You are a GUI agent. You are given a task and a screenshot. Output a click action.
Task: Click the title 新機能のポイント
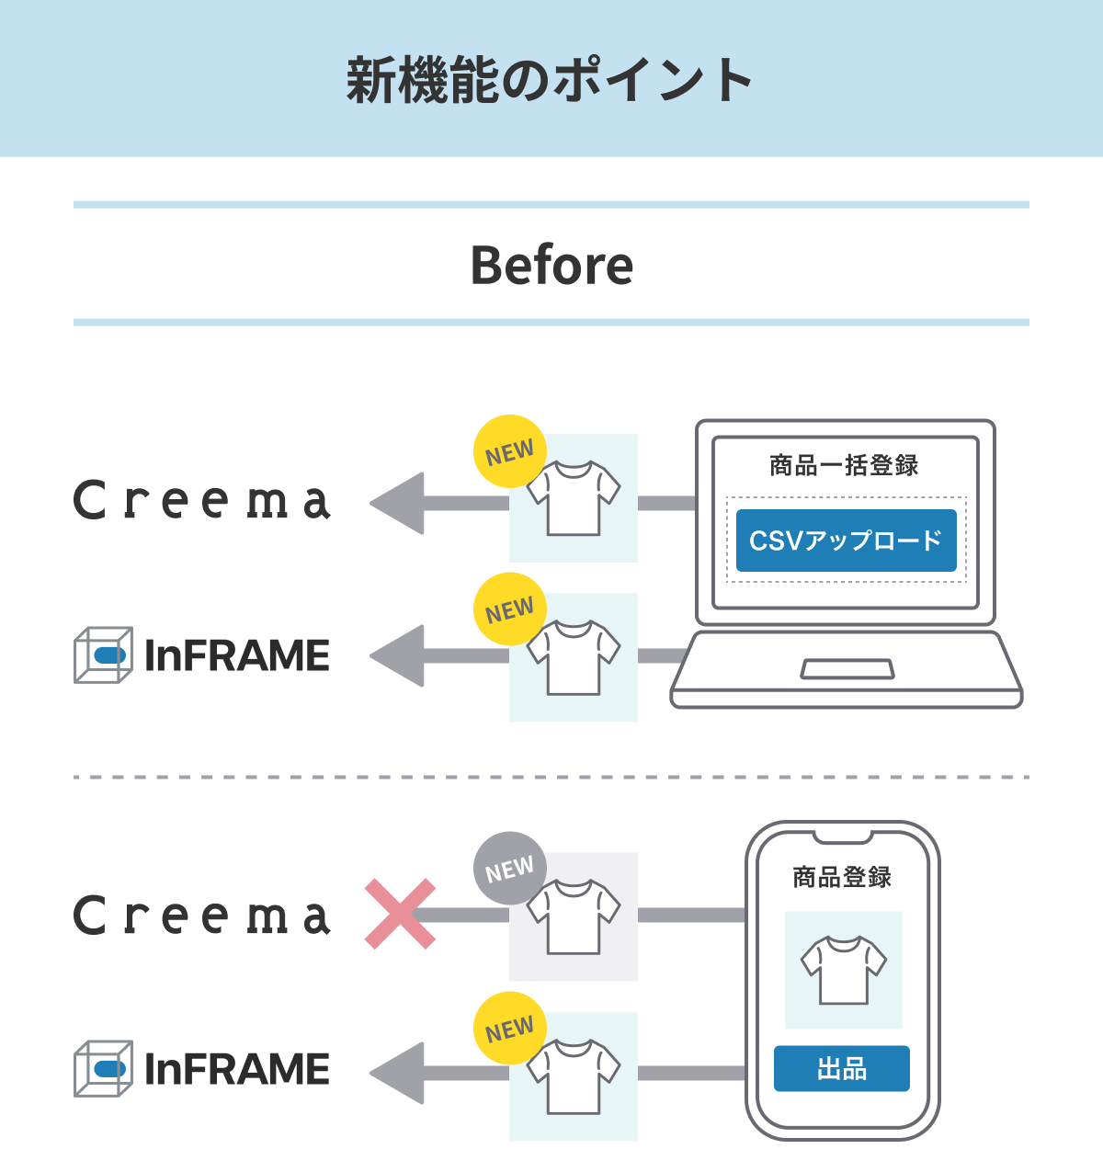[550, 80]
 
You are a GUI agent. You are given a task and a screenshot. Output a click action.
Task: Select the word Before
[551, 266]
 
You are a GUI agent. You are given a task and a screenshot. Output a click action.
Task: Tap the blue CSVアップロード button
[846, 540]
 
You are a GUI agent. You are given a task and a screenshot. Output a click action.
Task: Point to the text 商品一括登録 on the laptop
[844, 466]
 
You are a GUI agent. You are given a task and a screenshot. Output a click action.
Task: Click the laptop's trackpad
[847, 669]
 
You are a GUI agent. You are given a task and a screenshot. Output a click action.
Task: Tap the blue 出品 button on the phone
[841, 1069]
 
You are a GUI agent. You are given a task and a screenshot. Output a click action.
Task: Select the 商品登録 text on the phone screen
[842, 878]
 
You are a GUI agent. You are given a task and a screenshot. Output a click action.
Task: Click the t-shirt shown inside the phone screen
[843, 970]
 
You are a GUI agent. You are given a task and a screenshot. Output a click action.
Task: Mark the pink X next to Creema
[400, 914]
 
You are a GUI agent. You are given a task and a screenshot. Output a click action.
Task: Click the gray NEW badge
[509, 869]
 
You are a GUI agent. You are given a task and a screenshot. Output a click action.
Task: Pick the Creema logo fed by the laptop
[202, 501]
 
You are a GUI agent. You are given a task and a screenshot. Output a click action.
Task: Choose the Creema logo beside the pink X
[202, 916]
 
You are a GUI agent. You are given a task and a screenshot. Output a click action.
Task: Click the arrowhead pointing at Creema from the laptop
[397, 504]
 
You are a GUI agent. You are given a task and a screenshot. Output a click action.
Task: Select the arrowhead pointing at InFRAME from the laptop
[397, 656]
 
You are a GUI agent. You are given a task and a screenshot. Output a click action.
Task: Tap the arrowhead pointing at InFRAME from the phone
[397, 1073]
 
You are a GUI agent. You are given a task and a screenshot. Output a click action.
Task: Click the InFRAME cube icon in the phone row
[103, 1069]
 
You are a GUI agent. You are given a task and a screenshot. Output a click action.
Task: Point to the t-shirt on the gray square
[574, 917]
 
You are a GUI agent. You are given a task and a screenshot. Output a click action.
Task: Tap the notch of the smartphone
[842, 836]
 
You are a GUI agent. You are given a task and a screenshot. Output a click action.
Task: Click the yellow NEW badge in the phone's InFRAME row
[509, 1029]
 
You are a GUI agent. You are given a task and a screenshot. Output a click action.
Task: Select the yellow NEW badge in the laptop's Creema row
[509, 452]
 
